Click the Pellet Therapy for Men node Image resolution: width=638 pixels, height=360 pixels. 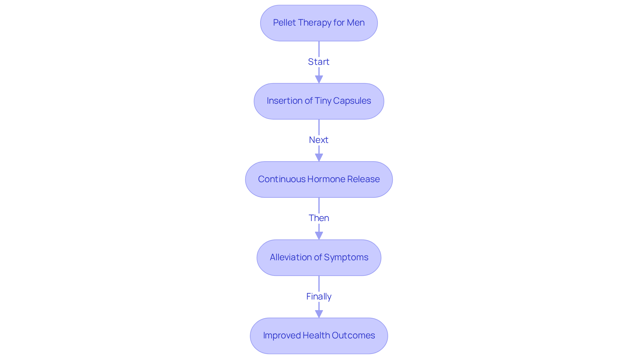(319, 23)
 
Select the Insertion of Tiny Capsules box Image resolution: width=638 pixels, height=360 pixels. (319, 101)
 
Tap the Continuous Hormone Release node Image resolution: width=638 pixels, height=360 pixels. (319, 180)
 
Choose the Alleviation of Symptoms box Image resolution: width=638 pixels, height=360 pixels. (319, 258)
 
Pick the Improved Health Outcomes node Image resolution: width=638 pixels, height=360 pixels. (319, 336)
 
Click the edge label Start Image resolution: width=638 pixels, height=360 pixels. (319, 62)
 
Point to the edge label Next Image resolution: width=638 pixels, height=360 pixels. (319, 140)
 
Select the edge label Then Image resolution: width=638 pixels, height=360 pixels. (319, 218)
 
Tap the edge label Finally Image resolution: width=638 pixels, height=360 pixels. (319, 296)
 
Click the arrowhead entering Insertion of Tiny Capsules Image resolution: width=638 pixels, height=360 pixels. (319, 80)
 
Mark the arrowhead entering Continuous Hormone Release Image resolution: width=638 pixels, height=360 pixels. (319, 158)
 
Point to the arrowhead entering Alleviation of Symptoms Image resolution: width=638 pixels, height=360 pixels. (319, 236)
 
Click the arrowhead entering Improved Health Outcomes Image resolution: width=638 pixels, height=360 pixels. (319, 314)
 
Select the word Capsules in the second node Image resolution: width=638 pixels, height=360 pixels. (352, 101)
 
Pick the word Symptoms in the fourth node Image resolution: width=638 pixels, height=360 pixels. (346, 257)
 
